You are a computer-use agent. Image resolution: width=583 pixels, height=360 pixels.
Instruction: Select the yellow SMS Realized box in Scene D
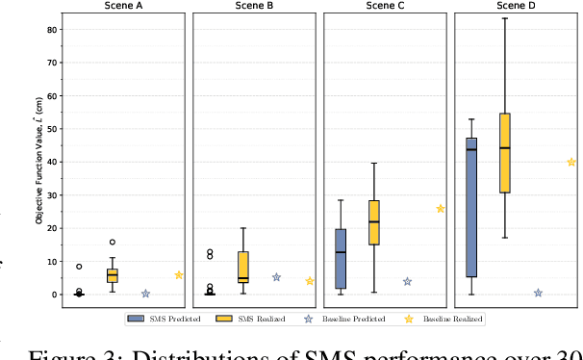pos(505,153)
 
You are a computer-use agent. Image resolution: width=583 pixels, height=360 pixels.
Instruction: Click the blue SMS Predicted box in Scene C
pos(341,258)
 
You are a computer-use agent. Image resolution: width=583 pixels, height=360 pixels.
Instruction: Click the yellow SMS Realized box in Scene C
pos(374,222)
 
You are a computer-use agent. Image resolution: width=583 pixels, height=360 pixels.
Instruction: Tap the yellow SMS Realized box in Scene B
pos(243,268)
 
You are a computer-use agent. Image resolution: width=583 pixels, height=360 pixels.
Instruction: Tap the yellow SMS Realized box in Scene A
pos(113,275)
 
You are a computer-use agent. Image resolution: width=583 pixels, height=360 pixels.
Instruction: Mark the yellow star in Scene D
pos(571,162)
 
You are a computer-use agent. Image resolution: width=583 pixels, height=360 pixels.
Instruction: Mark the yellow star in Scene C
pos(441,208)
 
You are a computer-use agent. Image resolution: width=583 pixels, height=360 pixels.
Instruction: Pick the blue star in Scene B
pos(276,277)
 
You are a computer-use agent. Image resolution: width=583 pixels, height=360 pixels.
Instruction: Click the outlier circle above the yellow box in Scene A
pos(113,242)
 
